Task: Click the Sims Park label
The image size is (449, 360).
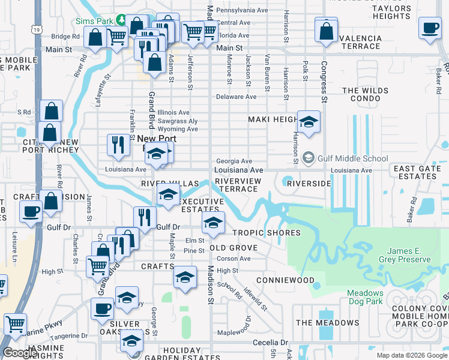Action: [95, 20]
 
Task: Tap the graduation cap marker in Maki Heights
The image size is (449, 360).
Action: [309, 122]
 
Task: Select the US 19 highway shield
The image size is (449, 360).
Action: [38, 29]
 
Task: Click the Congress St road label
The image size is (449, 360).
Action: [324, 81]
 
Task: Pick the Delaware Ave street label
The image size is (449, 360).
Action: [236, 97]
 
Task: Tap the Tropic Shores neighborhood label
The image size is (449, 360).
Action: [266, 233]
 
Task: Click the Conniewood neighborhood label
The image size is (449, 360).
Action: [285, 280]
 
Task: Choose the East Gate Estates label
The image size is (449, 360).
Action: [418, 173]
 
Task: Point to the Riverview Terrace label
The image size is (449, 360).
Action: [238, 185]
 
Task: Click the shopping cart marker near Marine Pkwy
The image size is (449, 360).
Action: [15, 324]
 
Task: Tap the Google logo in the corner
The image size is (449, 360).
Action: [20, 353]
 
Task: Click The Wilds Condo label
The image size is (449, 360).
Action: [366, 94]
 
